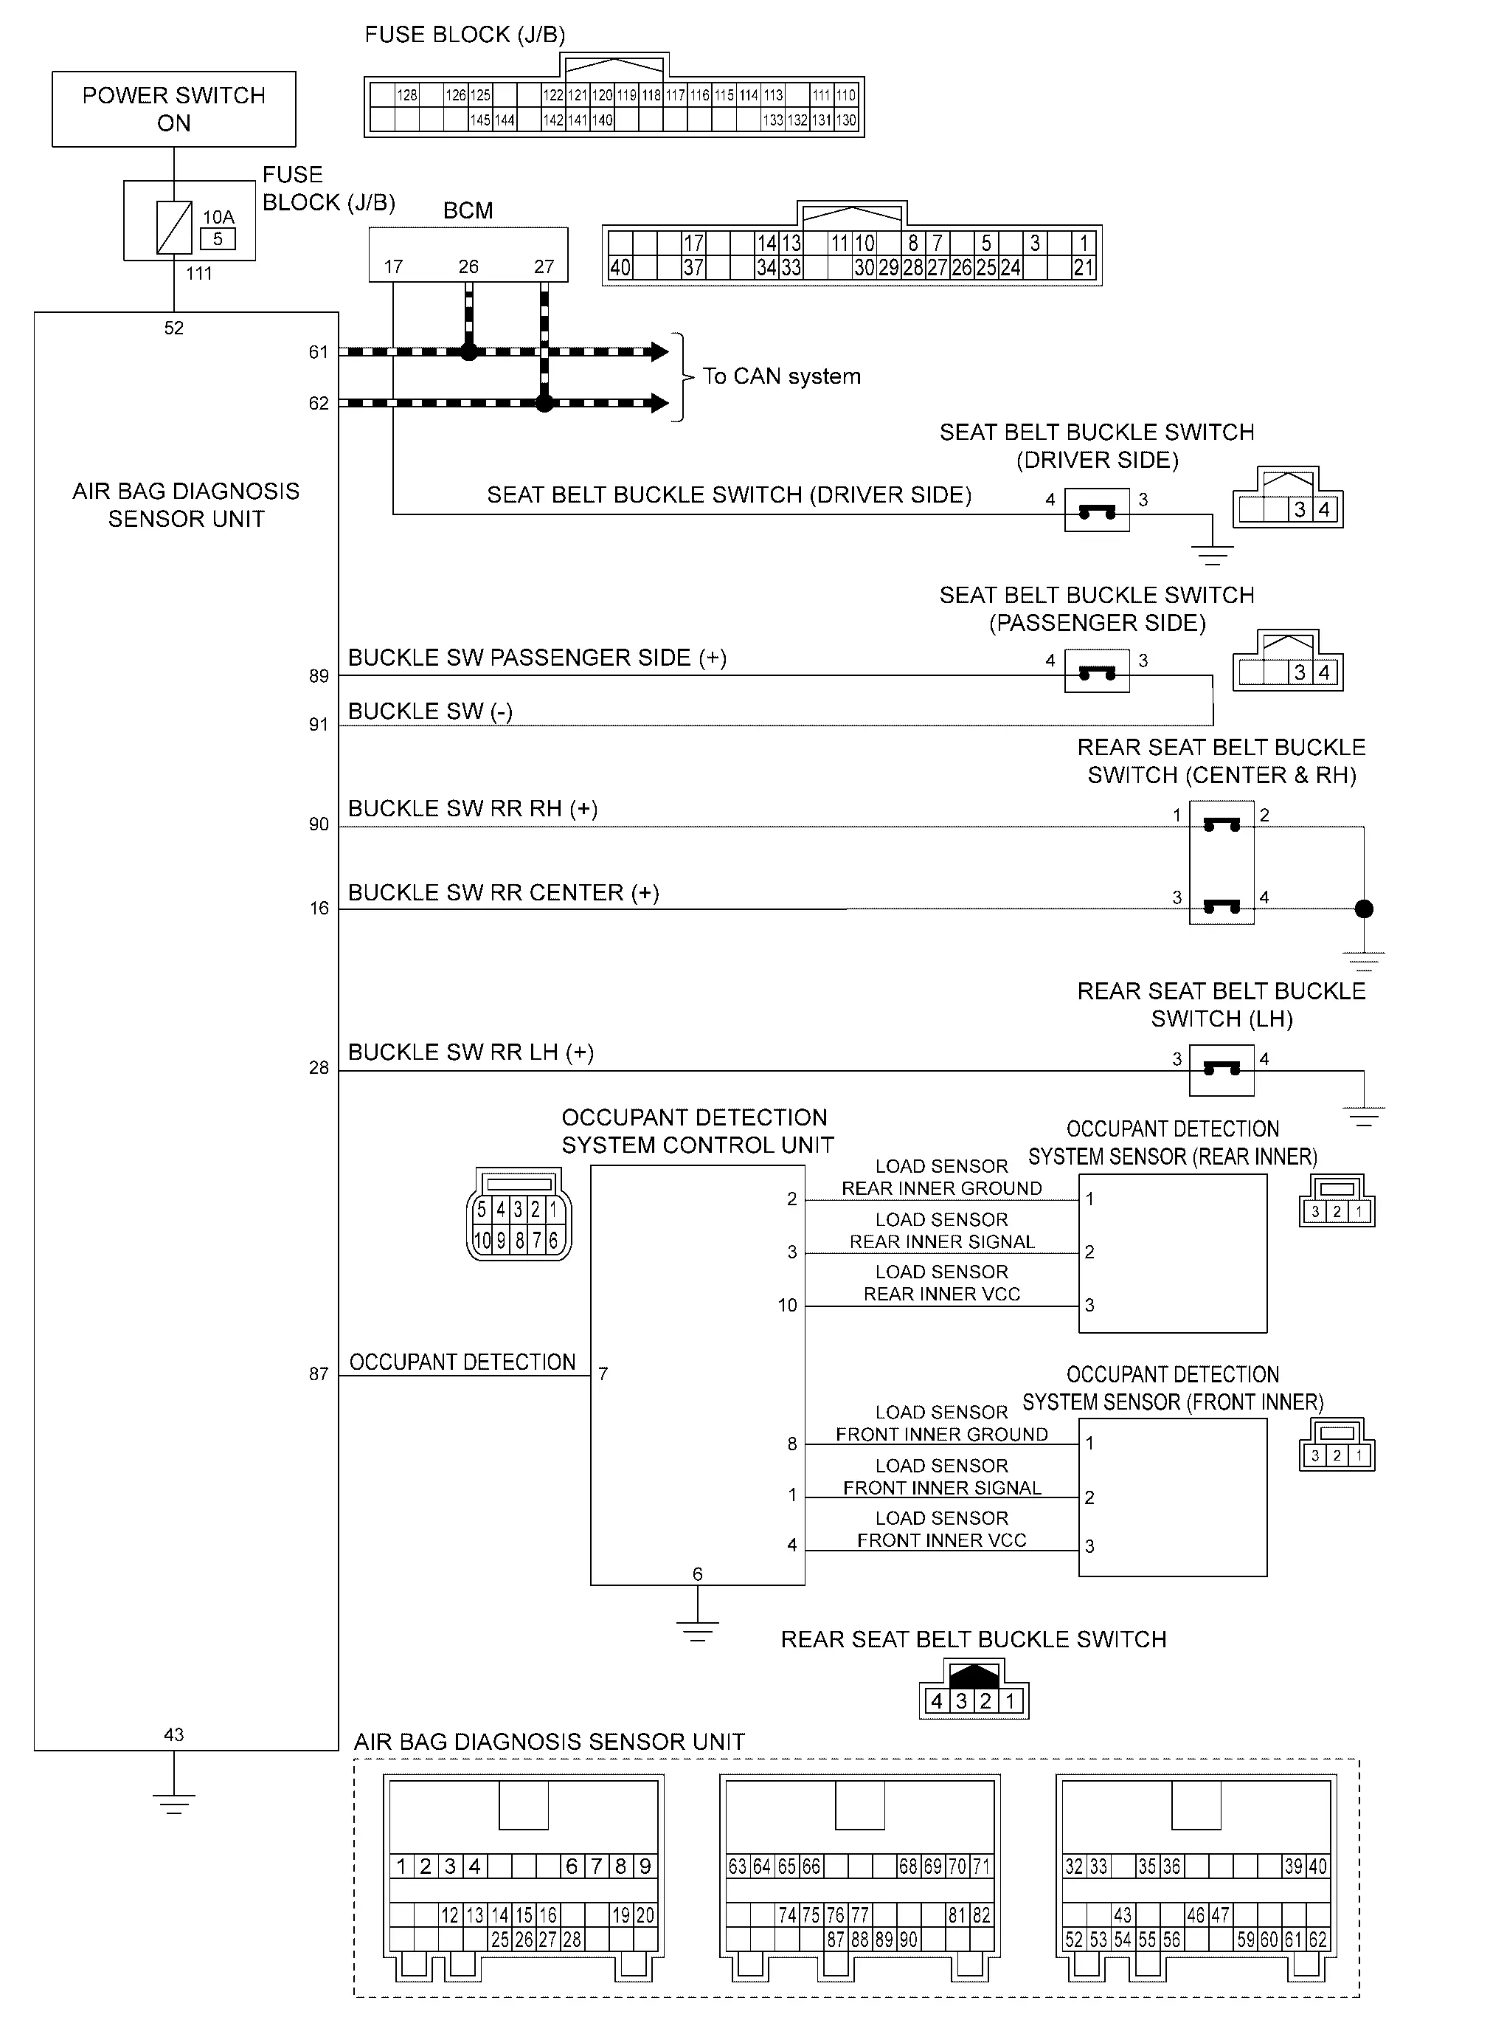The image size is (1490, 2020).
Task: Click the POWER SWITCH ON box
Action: point(174,109)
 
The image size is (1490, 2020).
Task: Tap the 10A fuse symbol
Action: point(174,227)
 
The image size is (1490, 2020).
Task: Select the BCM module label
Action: point(468,210)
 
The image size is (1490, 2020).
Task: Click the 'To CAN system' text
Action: point(781,376)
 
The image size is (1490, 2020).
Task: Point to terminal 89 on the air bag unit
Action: point(319,677)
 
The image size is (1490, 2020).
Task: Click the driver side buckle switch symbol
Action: point(1097,511)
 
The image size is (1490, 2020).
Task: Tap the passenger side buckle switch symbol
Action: point(1097,672)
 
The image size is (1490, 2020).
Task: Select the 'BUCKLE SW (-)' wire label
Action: point(430,711)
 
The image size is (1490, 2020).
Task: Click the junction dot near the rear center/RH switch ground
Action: point(1364,909)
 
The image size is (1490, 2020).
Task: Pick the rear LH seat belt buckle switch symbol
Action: point(1222,1070)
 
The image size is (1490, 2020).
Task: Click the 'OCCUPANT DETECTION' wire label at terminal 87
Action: point(462,1362)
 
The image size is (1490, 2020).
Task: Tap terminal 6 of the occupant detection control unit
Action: point(697,1574)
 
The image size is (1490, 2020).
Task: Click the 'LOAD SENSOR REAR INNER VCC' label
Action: point(942,1283)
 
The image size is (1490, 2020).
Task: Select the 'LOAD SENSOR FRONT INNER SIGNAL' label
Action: point(942,1477)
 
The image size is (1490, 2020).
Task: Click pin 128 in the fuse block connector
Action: point(408,94)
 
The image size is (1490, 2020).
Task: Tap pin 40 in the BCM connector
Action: point(620,268)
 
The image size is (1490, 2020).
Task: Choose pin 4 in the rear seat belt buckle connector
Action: point(936,1701)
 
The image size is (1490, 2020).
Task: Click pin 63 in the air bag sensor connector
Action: point(738,1866)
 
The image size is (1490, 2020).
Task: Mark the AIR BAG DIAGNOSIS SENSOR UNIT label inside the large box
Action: point(186,506)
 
